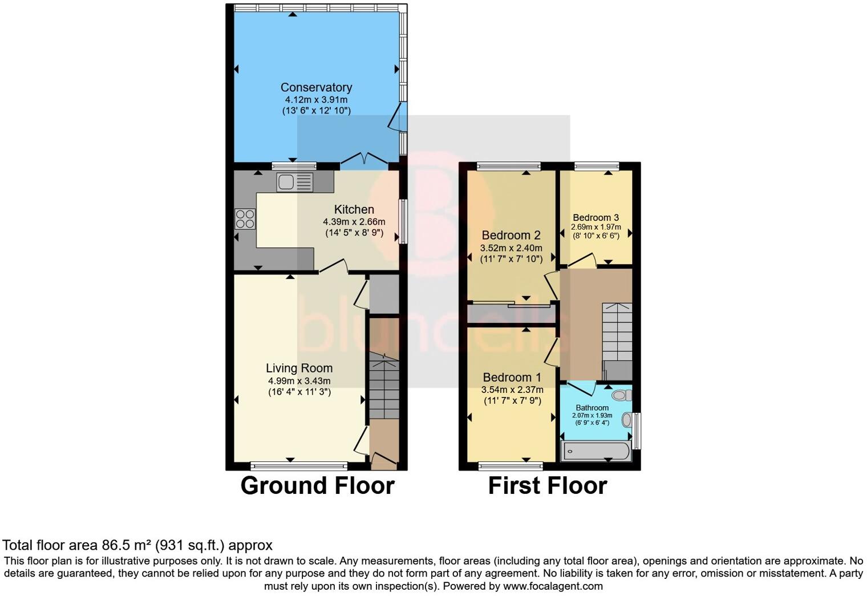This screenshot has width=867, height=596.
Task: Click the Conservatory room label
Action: [x=316, y=87]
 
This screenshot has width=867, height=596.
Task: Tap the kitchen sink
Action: [x=295, y=182]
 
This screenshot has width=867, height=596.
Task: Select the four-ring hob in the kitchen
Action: [x=245, y=219]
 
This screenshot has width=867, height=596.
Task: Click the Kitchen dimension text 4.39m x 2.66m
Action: [x=354, y=222]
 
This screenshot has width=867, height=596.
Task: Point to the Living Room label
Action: [x=299, y=368]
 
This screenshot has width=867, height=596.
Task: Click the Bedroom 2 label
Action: [x=511, y=235]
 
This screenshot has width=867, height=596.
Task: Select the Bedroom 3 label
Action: [x=595, y=217]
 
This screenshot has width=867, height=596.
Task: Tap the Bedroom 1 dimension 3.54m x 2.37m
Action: [x=512, y=390]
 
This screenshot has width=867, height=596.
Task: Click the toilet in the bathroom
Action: [x=621, y=395]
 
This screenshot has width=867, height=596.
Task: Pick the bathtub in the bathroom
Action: [x=596, y=451]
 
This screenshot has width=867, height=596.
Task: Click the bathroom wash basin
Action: [x=627, y=420]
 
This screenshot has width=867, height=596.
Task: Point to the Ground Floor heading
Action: [x=317, y=486]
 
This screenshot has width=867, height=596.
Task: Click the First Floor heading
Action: [x=548, y=486]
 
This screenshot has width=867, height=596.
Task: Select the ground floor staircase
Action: [x=384, y=388]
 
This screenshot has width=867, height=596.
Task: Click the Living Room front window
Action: [x=298, y=465]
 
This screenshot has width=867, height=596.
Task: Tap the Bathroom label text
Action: [x=592, y=408]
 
